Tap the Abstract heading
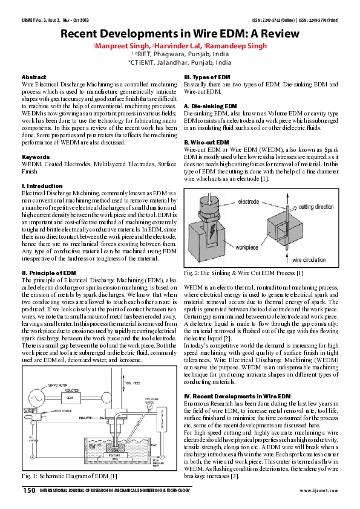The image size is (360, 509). coord(34,77)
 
